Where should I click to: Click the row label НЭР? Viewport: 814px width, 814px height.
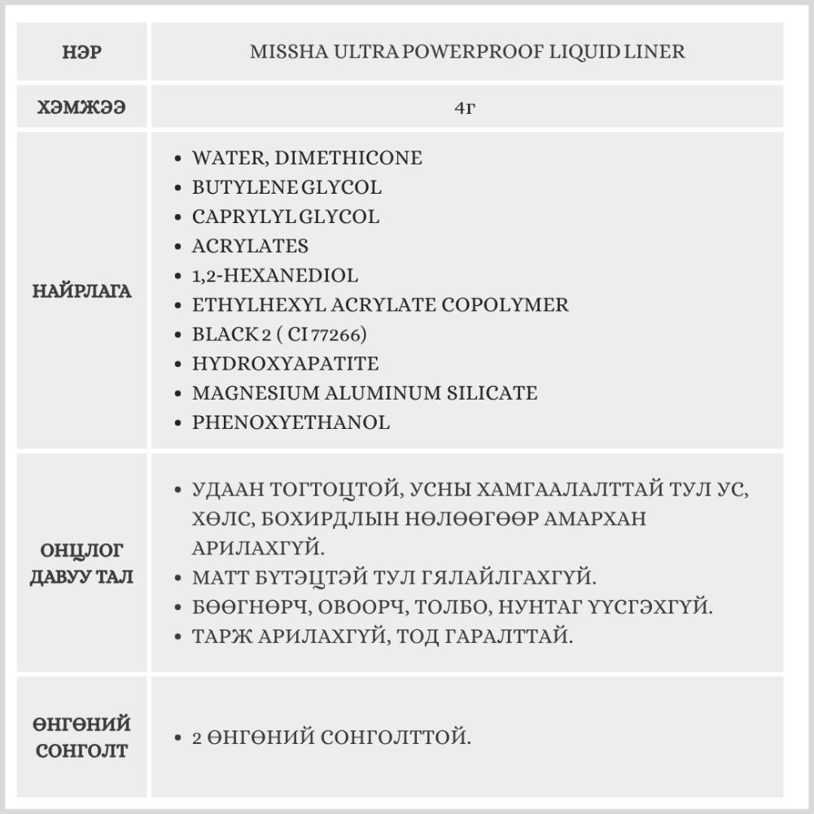81,53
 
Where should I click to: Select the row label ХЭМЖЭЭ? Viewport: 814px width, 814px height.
81,107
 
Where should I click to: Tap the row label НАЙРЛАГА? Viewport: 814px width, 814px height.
81,291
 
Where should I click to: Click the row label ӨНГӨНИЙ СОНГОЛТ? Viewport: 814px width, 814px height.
81,737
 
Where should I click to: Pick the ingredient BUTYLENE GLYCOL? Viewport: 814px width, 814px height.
287,187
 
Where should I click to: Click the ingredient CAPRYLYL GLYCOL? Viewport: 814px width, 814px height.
286,217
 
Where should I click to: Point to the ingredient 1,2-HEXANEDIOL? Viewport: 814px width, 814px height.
274,275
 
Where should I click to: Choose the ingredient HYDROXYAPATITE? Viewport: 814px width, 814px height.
285,363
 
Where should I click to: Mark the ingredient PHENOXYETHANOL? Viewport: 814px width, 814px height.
291,422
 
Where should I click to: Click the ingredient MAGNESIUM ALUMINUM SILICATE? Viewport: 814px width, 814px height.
365,393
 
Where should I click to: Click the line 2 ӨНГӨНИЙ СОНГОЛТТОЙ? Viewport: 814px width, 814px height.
332,738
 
